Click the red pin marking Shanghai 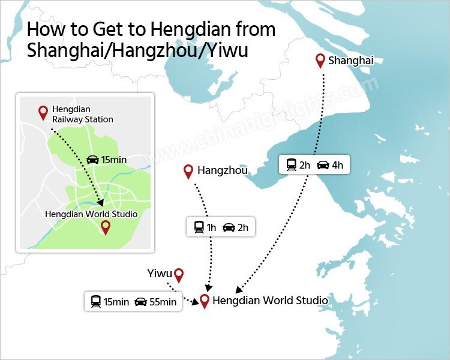coord(320,60)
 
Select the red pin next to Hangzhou coord(188,171)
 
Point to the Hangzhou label coord(222,172)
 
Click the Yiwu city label coord(160,274)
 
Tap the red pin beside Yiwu coord(178,275)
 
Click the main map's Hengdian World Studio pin coord(205,301)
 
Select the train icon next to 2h coord(291,164)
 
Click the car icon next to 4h coord(323,164)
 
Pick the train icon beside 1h coord(199,227)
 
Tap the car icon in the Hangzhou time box coord(229,227)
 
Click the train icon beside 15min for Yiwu coord(95,302)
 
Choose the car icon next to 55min coord(140,302)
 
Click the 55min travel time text coord(163,302)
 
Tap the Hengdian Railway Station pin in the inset coord(43,112)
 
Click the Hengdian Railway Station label coord(82,114)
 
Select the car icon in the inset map coord(93,160)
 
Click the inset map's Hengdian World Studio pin coord(106,227)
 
